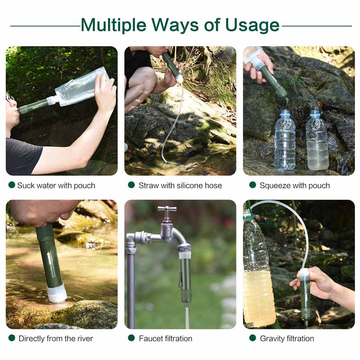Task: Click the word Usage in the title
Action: click(x=252, y=25)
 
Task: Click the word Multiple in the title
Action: click(x=113, y=25)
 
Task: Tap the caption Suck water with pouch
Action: click(x=56, y=185)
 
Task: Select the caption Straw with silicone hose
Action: click(x=180, y=185)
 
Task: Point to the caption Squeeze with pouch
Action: click(x=295, y=185)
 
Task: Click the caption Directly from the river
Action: click(x=56, y=338)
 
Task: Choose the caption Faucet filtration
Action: click(x=166, y=338)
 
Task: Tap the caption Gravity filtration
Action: click(x=287, y=338)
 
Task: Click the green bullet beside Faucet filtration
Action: click(x=131, y=338)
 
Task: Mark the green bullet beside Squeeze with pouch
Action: click(x=252, y=185)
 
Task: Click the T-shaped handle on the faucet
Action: click(x=167, y=209)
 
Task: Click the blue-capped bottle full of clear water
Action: click(x=285, y=140)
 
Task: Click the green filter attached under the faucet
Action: click(x=185, y=275)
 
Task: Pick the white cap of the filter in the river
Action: click(x=57, y=294)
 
